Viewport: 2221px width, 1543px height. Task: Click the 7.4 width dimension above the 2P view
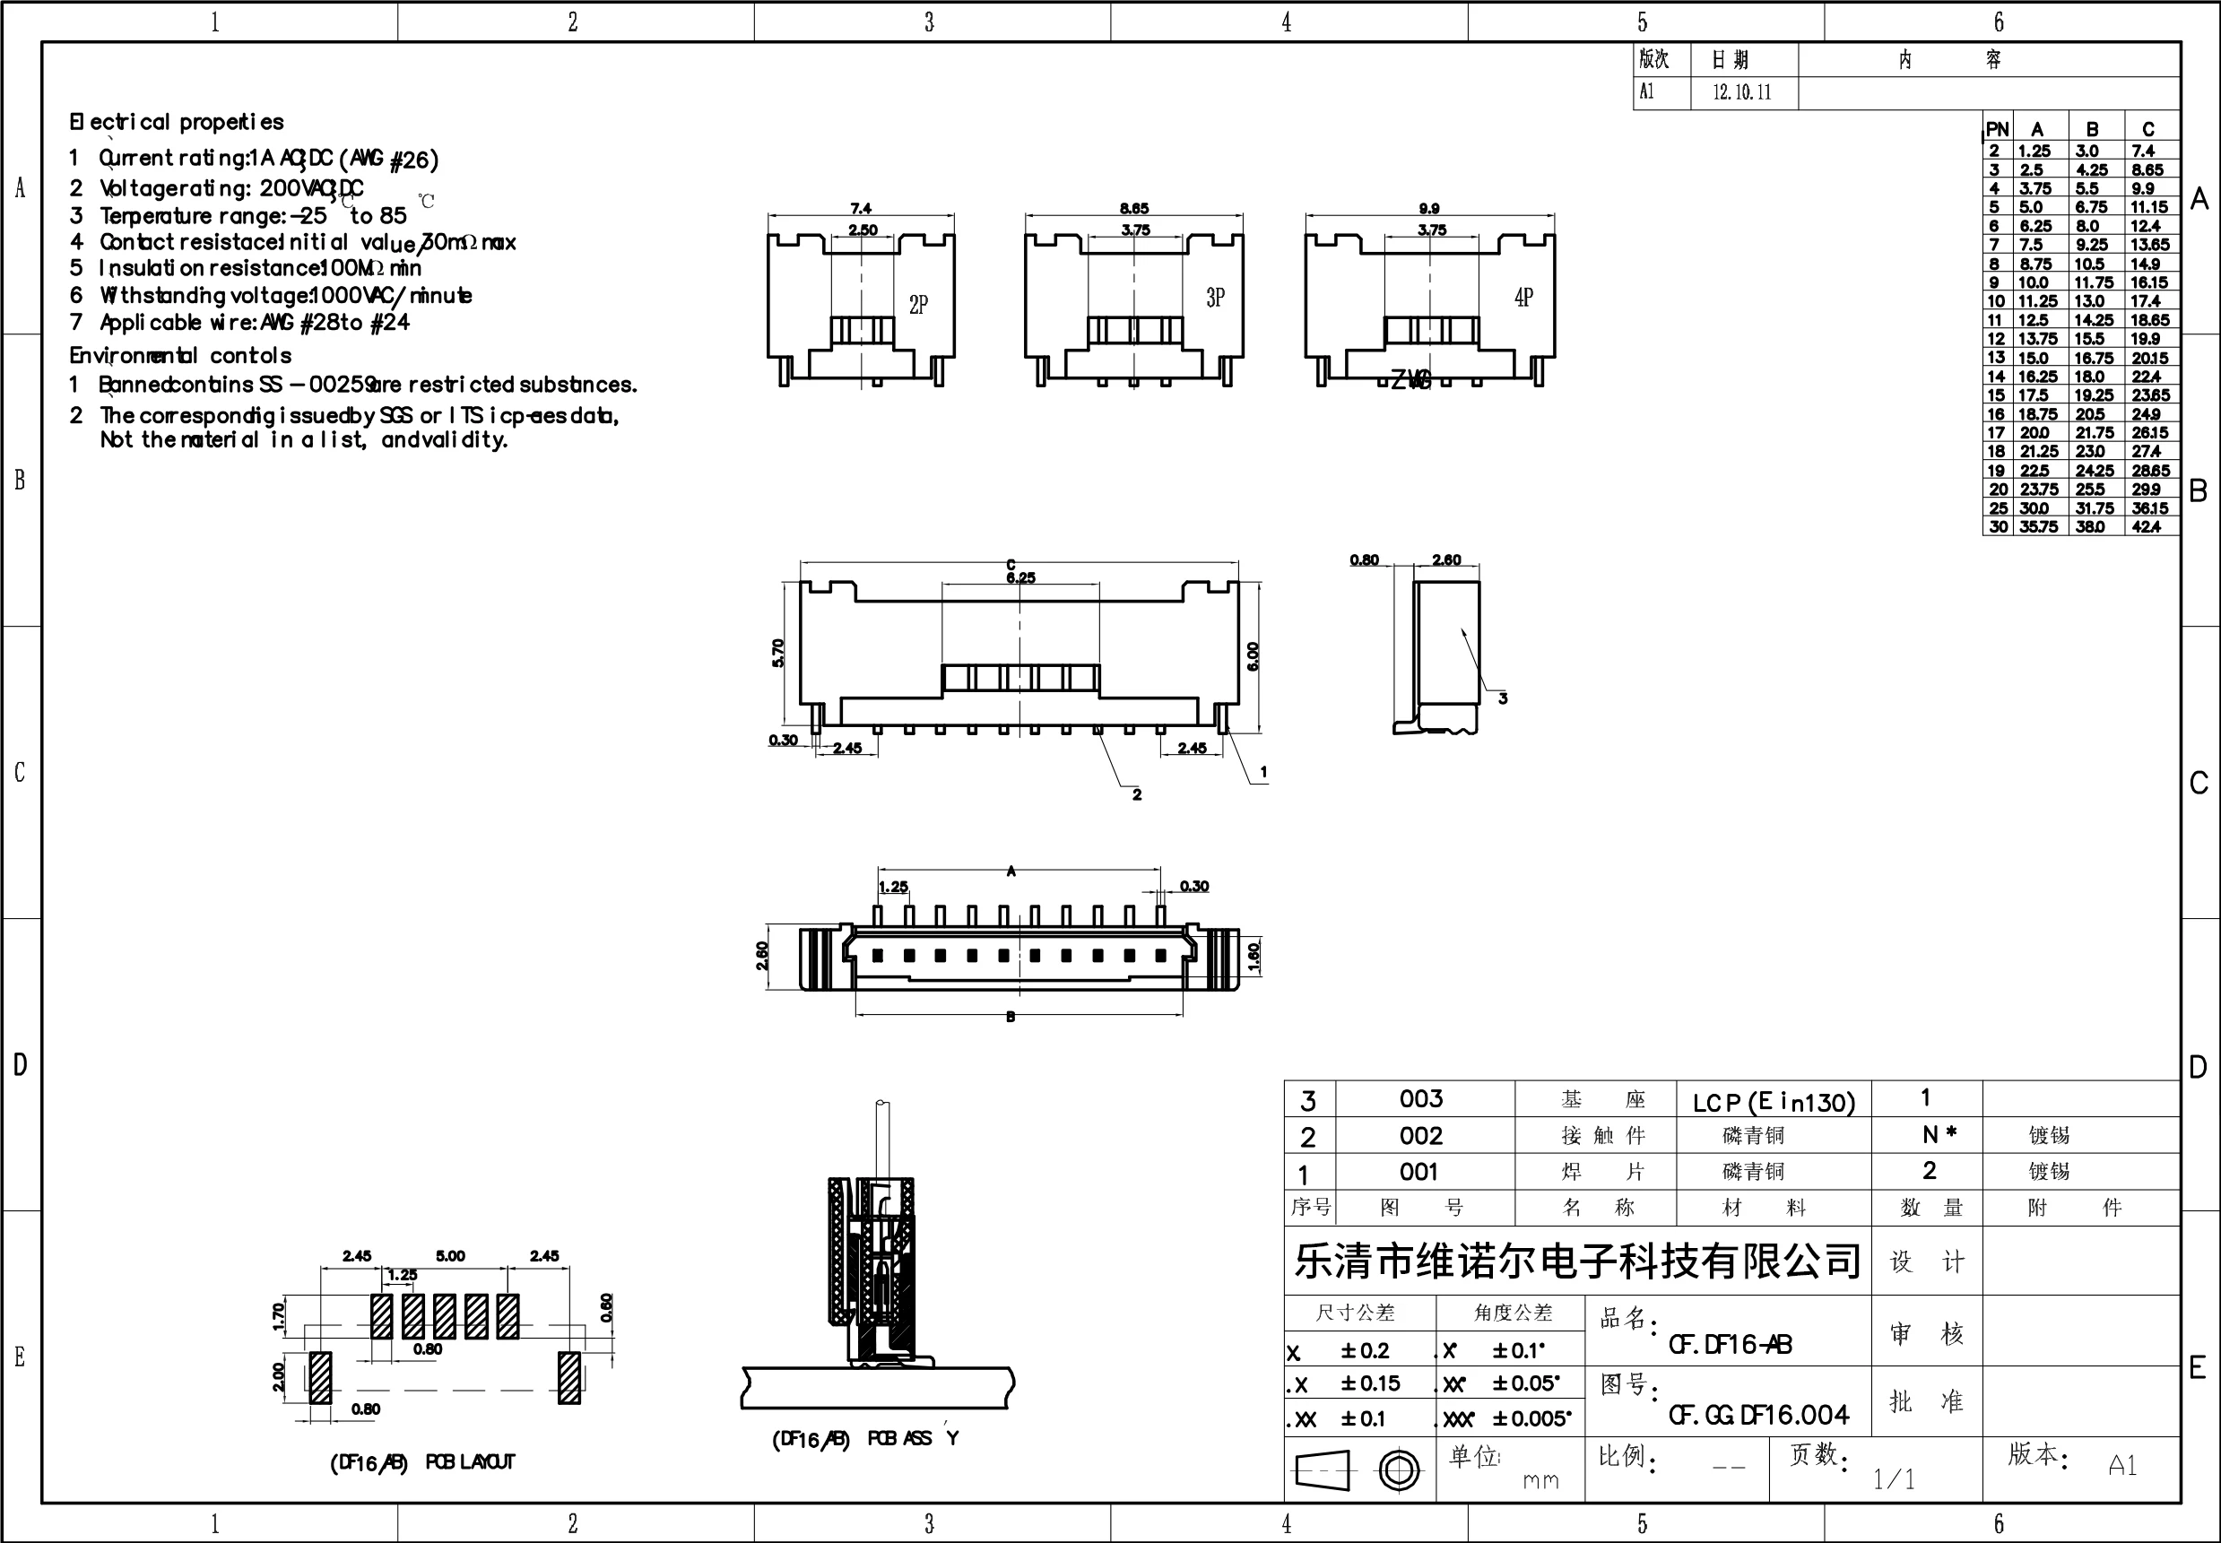tap(861, 208)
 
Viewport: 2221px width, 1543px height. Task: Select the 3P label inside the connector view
tap(1216, 298)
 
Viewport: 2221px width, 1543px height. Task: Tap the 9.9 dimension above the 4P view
tap(1429, 208)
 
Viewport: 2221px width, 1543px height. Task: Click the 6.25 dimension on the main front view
tap(1020, 578)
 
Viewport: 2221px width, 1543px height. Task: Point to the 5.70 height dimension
tap(778, 653)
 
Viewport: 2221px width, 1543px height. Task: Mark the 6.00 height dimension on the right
tap(1254, 656)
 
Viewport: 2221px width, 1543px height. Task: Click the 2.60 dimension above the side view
tap(1446, 559)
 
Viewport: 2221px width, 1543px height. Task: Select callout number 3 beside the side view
tap(1503, 698)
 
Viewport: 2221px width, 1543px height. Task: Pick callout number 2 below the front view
tap(1137, 794)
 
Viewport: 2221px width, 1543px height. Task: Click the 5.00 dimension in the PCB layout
tap(451, 1256)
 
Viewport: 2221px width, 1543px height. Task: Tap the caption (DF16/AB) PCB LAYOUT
tap(422, 1462)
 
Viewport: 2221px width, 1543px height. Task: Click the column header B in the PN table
tap(2093, 129)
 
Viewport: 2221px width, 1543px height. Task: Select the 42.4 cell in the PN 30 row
tap(2146, 527)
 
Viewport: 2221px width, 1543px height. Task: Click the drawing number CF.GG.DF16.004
tap(1757, 1417)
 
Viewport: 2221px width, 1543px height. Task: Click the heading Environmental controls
tap(180, 356)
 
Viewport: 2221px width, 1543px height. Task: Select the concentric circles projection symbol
tap(1399, 1470)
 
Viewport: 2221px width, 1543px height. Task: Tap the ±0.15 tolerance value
tap(1370, 1383)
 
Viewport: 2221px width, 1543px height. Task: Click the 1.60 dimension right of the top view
tap(1254, 956)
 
